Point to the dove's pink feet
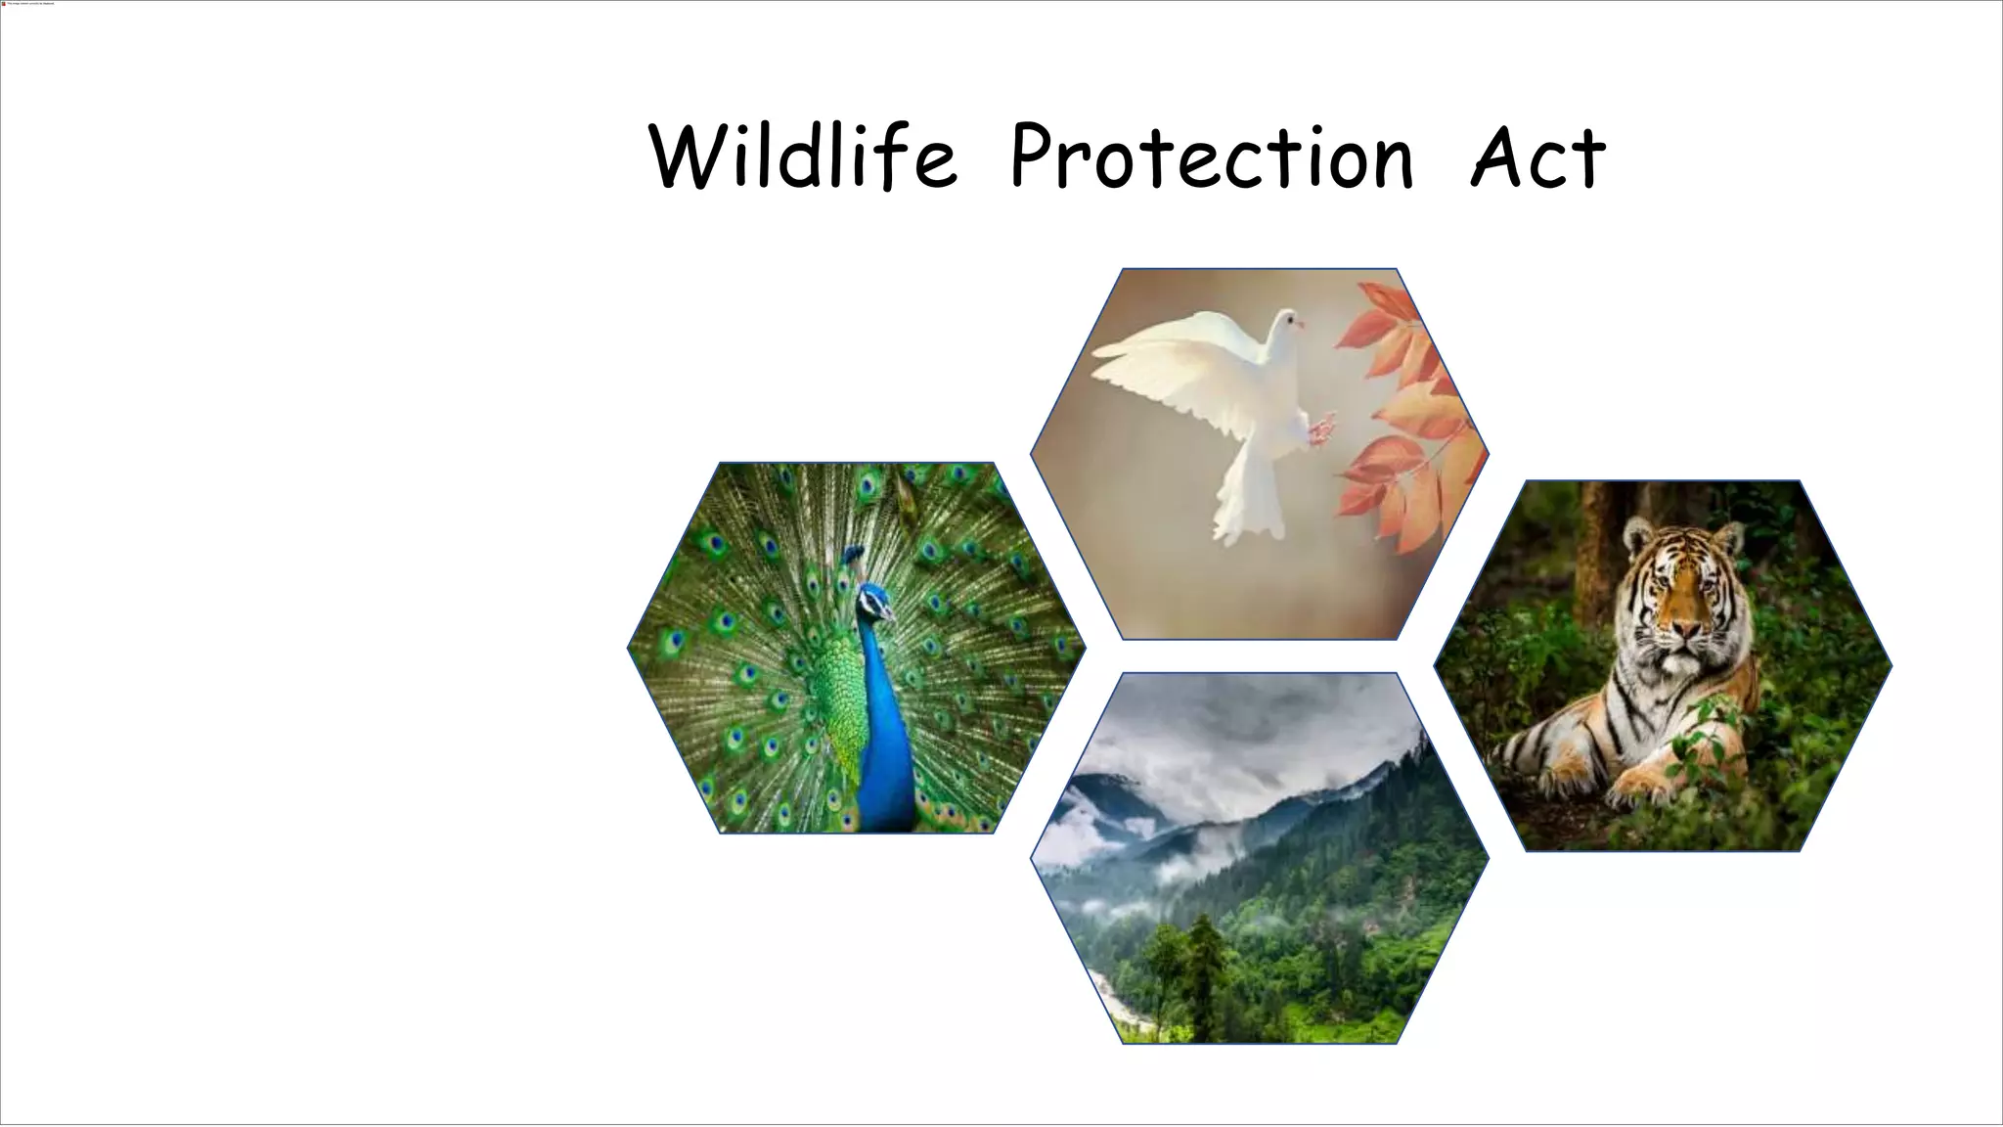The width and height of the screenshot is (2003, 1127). [1320, 428]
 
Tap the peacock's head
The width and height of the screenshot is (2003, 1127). [875, 600]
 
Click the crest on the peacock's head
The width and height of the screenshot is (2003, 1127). [854, 558]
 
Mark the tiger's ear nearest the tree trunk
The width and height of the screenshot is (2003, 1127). [1634, 536]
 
